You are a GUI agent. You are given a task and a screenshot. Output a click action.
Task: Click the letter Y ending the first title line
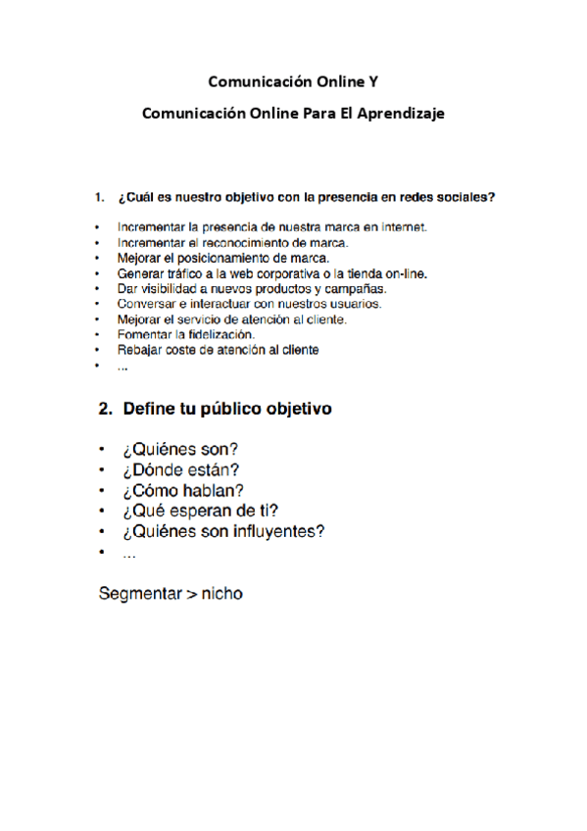pos(370,80)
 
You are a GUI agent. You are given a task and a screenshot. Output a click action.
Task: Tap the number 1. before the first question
pos(99,197)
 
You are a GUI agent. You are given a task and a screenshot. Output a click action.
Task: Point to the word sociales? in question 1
pos(464,197)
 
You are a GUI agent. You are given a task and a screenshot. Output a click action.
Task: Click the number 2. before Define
pos(106,410)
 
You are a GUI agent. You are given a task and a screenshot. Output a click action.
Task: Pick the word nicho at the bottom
pos(221,593)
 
